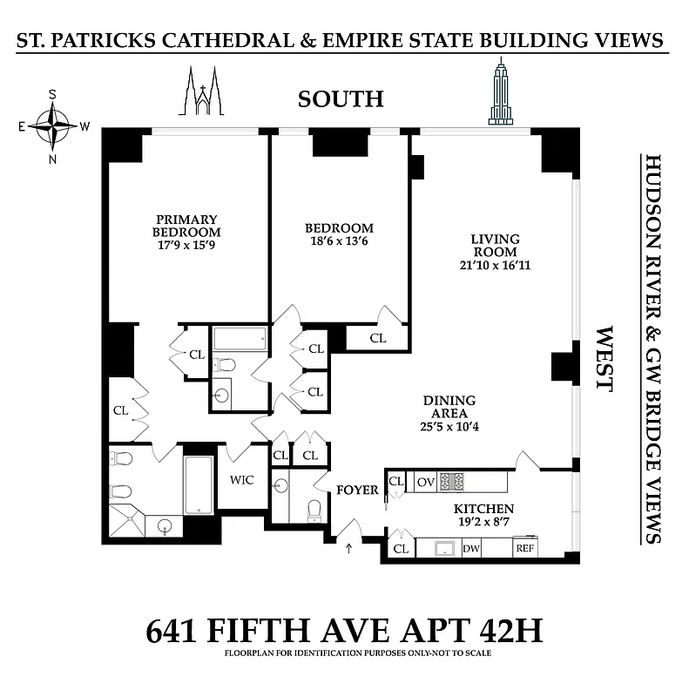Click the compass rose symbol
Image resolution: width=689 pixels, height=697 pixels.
(x=53, y=126)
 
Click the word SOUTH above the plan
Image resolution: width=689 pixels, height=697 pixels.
(x=341, y=99)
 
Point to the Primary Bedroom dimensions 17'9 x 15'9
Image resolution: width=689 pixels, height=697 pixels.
(x=186, y=247)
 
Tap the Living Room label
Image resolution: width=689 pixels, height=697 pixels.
(x=495, y=245)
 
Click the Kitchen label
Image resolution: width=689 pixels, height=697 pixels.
(x=482, y=509)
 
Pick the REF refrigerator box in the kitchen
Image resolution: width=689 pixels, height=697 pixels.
(x=525, y=549)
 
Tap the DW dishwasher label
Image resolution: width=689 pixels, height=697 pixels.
(x=471, y=549)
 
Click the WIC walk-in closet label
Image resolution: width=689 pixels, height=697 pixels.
(x=242, y=480)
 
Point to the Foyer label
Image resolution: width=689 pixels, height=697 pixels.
(x=357, y=491)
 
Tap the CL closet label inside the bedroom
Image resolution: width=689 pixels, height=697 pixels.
(x=378, y=337)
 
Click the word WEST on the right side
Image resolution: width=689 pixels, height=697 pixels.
(x=604, y=358)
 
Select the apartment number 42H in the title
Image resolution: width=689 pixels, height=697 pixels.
(x=502, y=629)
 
